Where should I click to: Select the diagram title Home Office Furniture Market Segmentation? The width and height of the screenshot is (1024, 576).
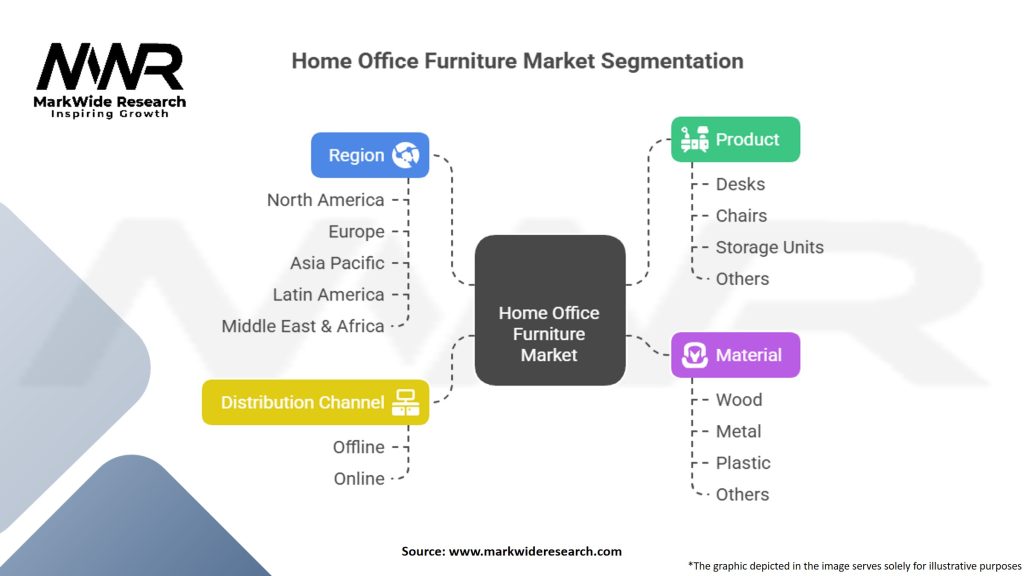pyautogui.click(x=517, y=61)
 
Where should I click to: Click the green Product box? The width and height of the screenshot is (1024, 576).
pyautogui.click(x=735, y=140)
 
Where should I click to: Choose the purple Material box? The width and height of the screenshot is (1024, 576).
pyautogui.click(x=735, y=355)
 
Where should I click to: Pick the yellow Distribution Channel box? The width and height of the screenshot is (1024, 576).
pyautogui.click(x=315, y=402)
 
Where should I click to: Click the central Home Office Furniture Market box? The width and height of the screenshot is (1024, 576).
pyautogui.click(x=549, y=334)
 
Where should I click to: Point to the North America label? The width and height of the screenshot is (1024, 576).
pyautogui.click(x=325, y=200)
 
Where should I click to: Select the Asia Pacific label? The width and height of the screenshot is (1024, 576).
pyautogui.click(x=337, y=263)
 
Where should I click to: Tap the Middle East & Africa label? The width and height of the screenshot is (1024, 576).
pyautogui.click(x=303, y=326)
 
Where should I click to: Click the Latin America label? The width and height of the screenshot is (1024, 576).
pyautogui.click(x=328, y=295)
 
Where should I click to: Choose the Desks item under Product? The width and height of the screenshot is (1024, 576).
pyautogui.click(x=740, y=184)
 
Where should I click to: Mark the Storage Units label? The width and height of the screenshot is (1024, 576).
pyautogui.click(x=769, y=247)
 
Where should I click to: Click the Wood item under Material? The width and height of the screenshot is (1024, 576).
pyautogui.click(x=738, y=400)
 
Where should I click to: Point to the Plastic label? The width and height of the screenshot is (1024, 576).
pyautogui.click(x=743, y=463)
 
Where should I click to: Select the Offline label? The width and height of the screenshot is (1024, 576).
pyautogui.click(x=358, y=447)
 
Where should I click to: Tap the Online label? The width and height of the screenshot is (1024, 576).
pyautogui.click(x=359, y=479)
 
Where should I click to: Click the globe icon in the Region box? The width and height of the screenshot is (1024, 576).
pyautogui.click(x=406, y=155)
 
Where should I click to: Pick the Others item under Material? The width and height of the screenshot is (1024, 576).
pyautogui.click(x=742, y=494)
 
